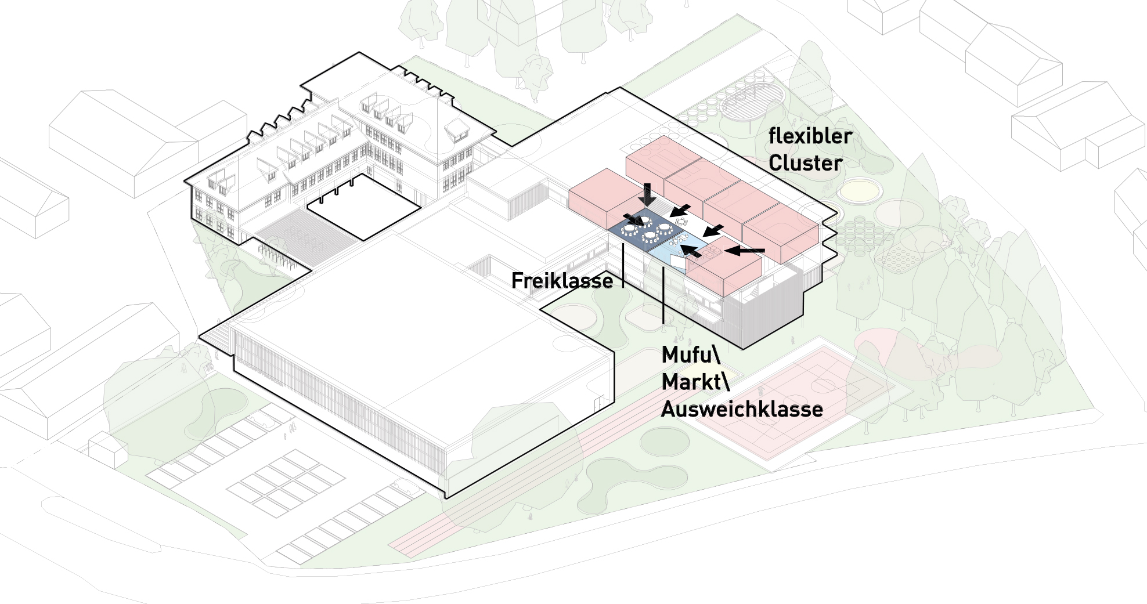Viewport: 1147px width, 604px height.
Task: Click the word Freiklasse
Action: coord(562,281)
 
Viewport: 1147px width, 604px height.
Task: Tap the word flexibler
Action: coord(810,136)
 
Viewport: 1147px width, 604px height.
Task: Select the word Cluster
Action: coord(805,163)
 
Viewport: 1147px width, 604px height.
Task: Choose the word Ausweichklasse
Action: coord(742,410)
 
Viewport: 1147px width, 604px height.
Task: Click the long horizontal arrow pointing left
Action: coord(745,251)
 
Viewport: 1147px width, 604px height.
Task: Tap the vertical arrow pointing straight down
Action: coord(649,193)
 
